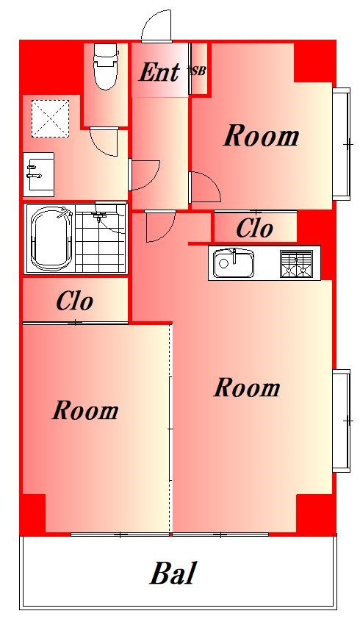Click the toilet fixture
pyautogui.click(x=106, y=66)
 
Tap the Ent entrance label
pyautogui.click(x=159, y=72)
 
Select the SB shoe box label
pyautogui.click(x=198, y=71)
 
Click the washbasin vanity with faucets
pyautogui.click(x=39, y=174)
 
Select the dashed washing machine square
pyautogui.click(x=51, y=118)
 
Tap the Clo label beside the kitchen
pyautogui.click(x=254, y=229)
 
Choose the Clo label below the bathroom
pyautogui.click(x=74, y=301)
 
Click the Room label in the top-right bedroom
pyautogui.click(x=262, y=136)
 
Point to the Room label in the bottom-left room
pyautogui.click(x=86, y=410)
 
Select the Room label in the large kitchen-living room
pyautogui.click(x=247, y=387)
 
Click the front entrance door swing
pyautogui.click(x=156, y=26)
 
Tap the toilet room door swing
pyautogui.click(x=104, y=142)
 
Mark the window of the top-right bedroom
pyautogui.click(x=342, y=144)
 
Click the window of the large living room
pyautogui.click(x=342, y=421)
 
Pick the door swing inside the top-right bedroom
pyautogui.click(x=206, y=187)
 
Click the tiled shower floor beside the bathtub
pyautogui.click(x=100, y=239)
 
